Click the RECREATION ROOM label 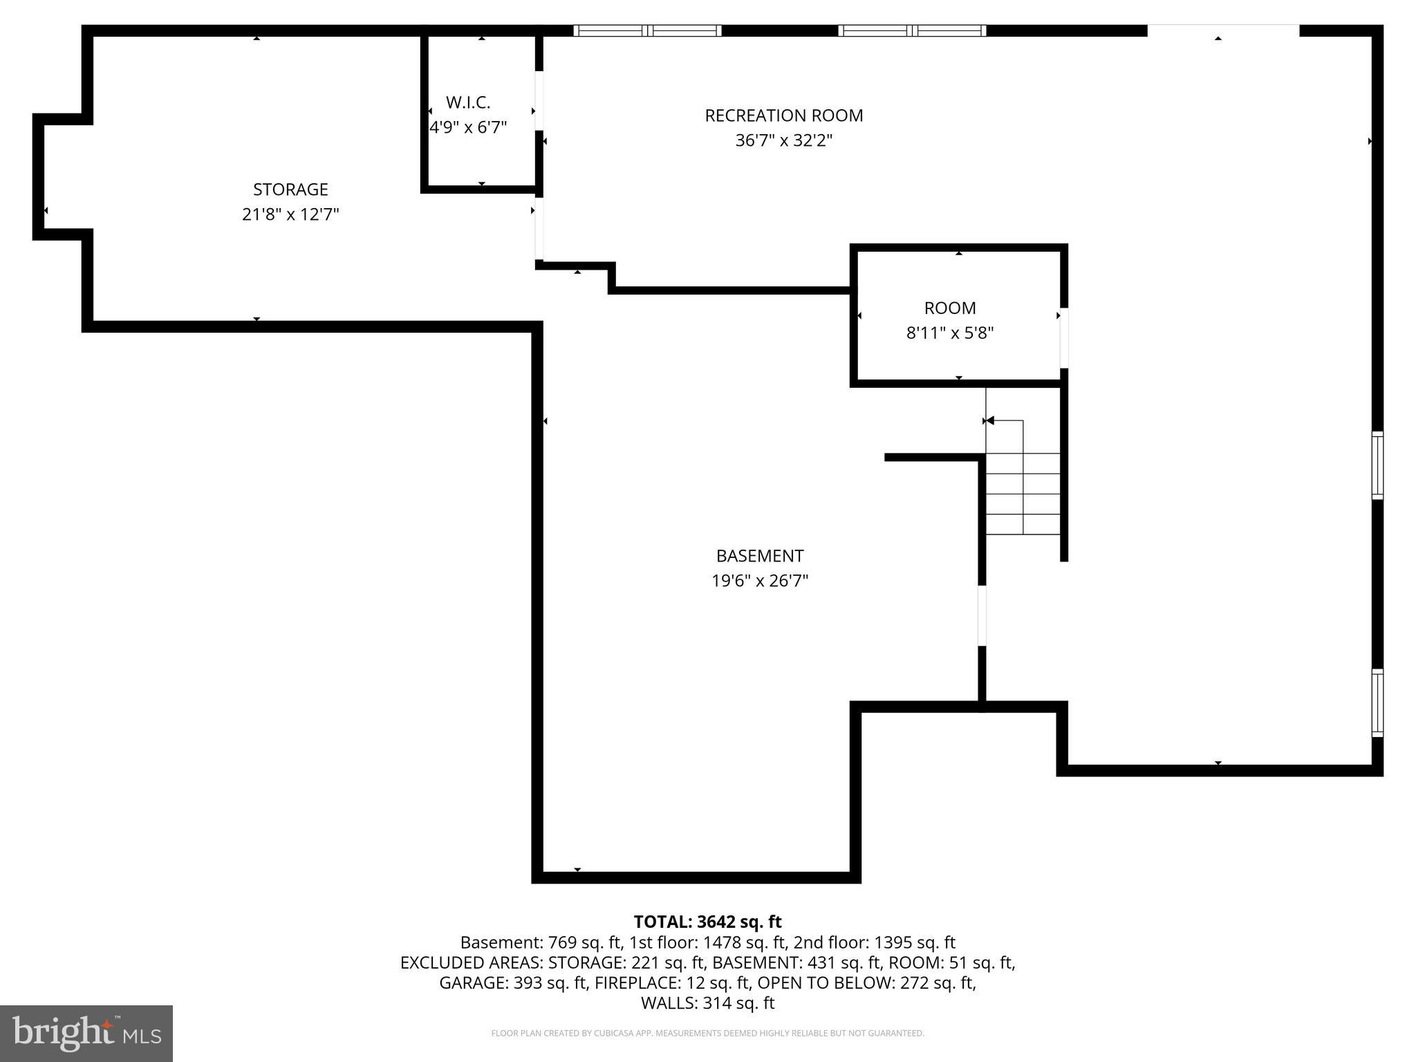click(x=783, y=115)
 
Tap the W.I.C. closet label click(x=468, y=102)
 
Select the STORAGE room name click(x=290, y=189)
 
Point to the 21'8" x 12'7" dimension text click(x=290, y=214)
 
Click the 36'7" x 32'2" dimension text click(x=783, y=141)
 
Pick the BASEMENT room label click(x=760, y=556)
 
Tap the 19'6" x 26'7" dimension click(x=760, y=581)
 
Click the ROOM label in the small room click(x=950, y=308)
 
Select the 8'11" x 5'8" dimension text click(x=950, y=333)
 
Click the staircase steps click(x=1023, y=494)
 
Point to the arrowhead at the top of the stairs click(x=990, y=420)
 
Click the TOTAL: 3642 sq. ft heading click(x=707, y=922)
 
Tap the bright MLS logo click(x=86, y=1033)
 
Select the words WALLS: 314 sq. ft click(x=707, y=1003)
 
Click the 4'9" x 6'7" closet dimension click(x=468, y=128)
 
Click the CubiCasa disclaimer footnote click(x=707, y=1034)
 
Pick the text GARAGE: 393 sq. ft click(x=514, y=982)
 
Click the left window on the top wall click(x=647, y=30)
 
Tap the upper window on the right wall click(x=1377, y=465)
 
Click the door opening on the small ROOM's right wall click(x=1064, y=338)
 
